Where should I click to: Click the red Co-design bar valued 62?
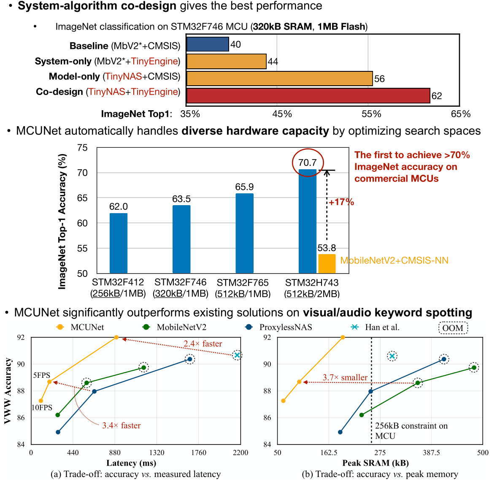[x=308, y=96]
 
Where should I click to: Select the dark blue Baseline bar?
[x=207, y=44]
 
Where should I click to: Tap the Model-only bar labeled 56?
[x=279, y=79]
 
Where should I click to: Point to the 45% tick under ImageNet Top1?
[x=282, y=114]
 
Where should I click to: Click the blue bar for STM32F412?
[x=118, y=243]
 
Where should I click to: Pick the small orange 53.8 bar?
[x=327, y=263]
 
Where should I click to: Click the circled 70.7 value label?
[x=308, y=163]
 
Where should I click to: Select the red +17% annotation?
[x=341, y=202]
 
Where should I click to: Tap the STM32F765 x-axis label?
[x=243, y=282]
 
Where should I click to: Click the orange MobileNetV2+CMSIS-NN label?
[x=394, y=260]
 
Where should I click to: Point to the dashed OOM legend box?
[x=453, y=328]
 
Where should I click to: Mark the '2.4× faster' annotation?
[x=203, y=344]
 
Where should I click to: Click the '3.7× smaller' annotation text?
[x=345, y=377]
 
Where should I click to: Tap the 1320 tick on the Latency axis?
[x=157, y=453]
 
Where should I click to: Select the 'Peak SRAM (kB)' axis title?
[x=375, y=463]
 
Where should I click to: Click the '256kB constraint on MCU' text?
[x=411, y=431]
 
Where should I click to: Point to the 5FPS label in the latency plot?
[x=42, y=375]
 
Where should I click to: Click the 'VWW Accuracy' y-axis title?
[x=7, y=391]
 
